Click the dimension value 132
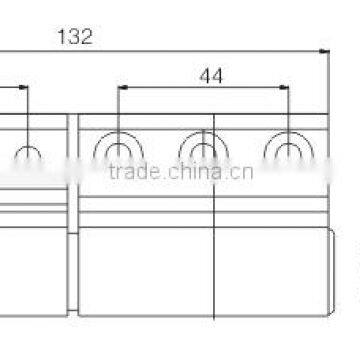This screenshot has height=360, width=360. [76, 37]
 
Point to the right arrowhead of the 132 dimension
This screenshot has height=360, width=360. [322, 50]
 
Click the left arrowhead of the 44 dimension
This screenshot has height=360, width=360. [122, 87]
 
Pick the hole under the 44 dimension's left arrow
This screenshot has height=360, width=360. [117, 151]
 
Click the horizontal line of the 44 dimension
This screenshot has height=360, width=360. [204, 87]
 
